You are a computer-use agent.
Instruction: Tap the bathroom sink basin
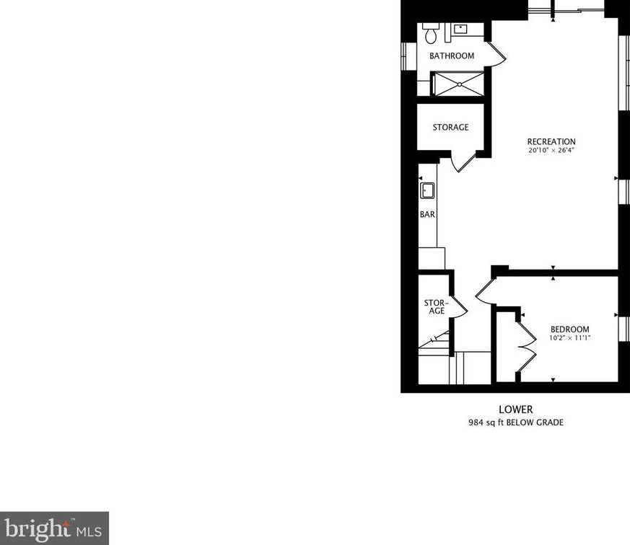[x=460, y=30]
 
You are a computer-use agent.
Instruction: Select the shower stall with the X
[x=457, y=84]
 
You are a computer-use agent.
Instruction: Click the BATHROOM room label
[x=452, y=56]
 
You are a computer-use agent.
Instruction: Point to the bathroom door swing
[x=496, y=53]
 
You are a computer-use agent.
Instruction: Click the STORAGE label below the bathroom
[x=450, y=128]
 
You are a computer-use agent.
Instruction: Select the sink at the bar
[x=427, y=191]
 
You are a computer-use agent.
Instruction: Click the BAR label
[x=427, y=215]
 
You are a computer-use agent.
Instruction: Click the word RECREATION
[x=551, y=142]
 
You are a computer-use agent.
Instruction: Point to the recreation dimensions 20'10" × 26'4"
[x=551, y=151]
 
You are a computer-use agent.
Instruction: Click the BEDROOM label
[x=569, y=329]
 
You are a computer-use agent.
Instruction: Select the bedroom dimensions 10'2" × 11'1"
[x=569, y=338]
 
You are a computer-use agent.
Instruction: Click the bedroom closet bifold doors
[x=526, y=345]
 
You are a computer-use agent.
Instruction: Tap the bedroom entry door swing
[x=484, y=290]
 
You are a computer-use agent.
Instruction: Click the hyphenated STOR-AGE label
[x=437, y=307]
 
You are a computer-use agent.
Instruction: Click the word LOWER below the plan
[x=515, y=409]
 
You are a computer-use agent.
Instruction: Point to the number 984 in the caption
[x=478, y=422]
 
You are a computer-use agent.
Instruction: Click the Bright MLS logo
[x=54, y=528]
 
